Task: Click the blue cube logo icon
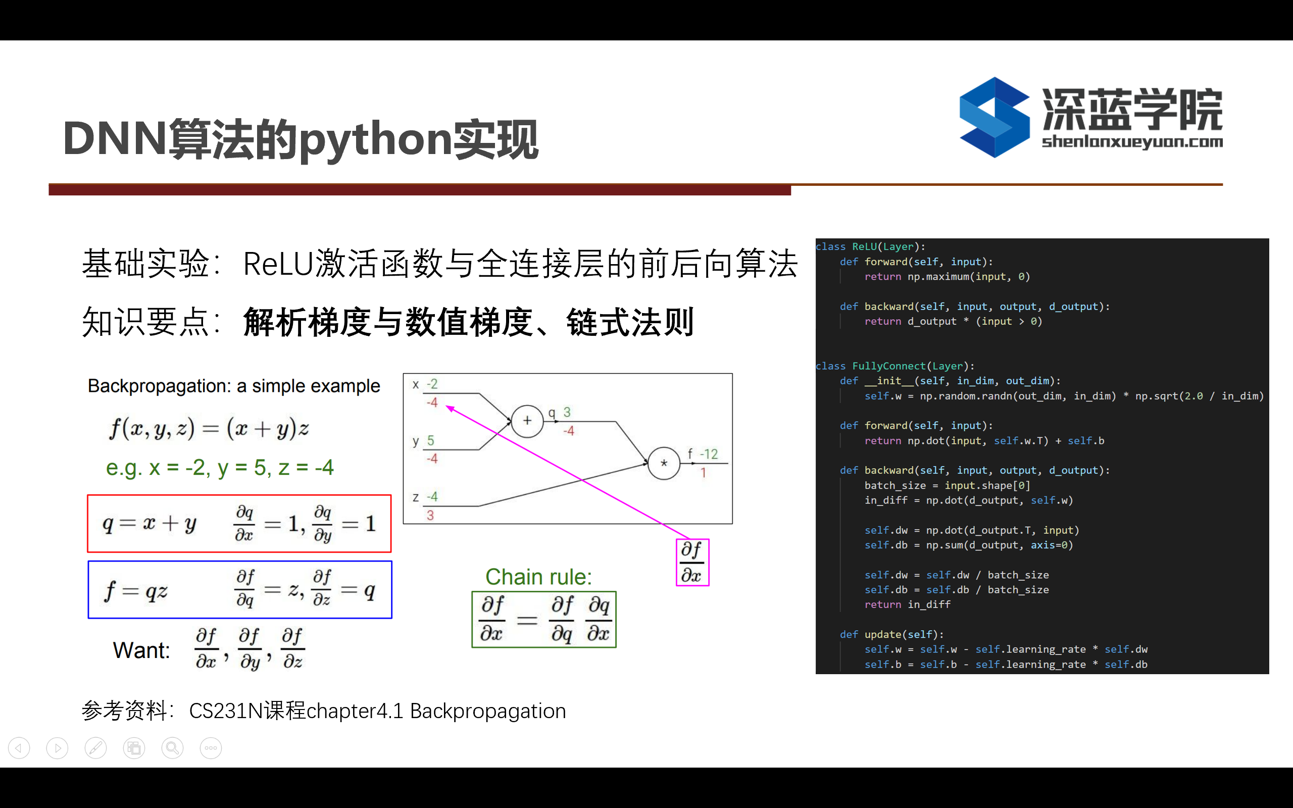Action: click(x=994, y=117)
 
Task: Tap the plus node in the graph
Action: click(x=527, y=421)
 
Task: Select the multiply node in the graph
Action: click(x=664, y=463)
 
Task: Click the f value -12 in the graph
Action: click(x=709, y=454)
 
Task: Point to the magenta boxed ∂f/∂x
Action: click(x=692, y=563)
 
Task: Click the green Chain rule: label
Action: click(x=538, y=577)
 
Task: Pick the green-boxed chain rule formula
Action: click(x=544, y=620)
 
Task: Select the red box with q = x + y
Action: click(x=239, y=524)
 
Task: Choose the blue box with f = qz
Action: click(x=240, y=590)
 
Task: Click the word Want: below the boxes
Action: click(x=141, y=650)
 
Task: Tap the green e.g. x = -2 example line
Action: click(x=220, y=468)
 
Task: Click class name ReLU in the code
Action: click(x=865, y=246)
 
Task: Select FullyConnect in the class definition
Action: click(x=888, y=366)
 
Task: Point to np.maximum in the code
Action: click(x=938, y=276)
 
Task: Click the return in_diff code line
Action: click(x=907, y=604)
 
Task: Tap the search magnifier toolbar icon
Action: click(x=173, y=748)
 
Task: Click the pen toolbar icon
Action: click(x=95, y=748)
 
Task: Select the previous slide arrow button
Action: click(x=19, y=748)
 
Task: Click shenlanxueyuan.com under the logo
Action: click(x=1132, y=142)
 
